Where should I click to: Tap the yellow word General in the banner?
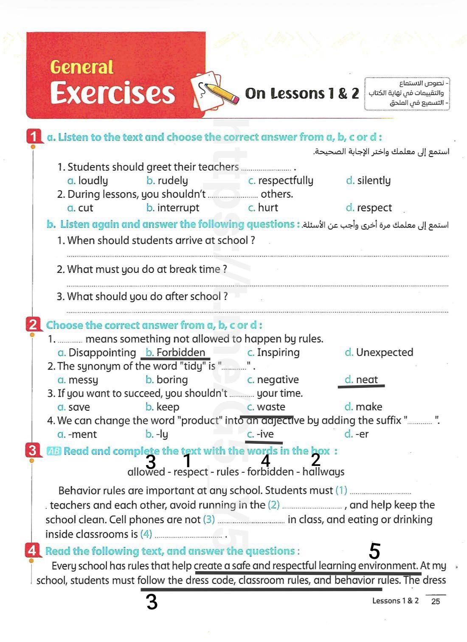(82, 67)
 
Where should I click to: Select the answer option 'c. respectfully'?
(281, 180)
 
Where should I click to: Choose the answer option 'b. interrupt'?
(172, 207)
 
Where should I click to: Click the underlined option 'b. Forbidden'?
(175, 353)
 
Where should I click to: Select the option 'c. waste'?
(266, 407)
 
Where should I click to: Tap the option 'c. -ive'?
(261, 434)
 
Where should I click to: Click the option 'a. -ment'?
(77, 434)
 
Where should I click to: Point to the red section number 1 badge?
(34, 137)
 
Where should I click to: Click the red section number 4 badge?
(32, 550)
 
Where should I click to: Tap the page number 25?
(436, 601)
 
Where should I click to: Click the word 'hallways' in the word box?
(323, 471)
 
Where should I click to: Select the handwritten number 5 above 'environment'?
(374, 551)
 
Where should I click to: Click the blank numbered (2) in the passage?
(312, 506)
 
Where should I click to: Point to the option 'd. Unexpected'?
(379, 353)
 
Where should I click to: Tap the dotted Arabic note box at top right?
(407, 93)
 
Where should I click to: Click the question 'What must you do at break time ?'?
(142, 269)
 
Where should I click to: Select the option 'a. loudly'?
(87, 180)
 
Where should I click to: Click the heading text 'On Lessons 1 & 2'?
(302, 93)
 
